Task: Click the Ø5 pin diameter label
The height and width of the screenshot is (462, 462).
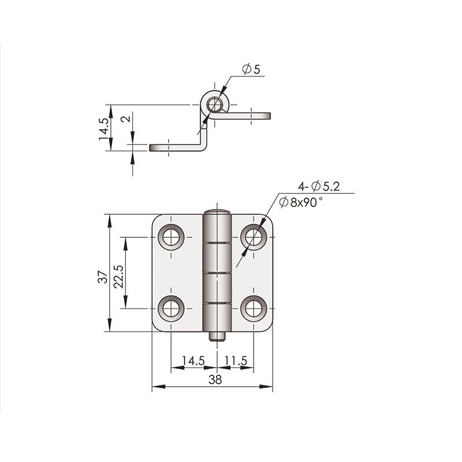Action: (x=251, y=69)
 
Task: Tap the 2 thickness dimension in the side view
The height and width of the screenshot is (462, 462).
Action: (x=126, y=120)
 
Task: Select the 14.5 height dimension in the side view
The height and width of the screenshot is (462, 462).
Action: (x=104, y=128)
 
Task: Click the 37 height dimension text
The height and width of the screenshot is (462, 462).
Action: (x=103, y=277)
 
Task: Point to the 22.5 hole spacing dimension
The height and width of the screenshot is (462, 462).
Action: (x=118, y=277)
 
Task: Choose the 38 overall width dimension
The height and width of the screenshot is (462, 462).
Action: (x=215, y=379)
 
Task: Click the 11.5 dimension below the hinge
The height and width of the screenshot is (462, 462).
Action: (x=236, y=360)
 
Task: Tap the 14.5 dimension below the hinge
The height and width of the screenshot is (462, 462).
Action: (x=193, y=360)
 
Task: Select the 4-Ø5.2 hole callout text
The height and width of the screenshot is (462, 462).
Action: (x=319, y=187)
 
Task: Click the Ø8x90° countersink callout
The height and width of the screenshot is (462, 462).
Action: (x=300, y=203)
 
